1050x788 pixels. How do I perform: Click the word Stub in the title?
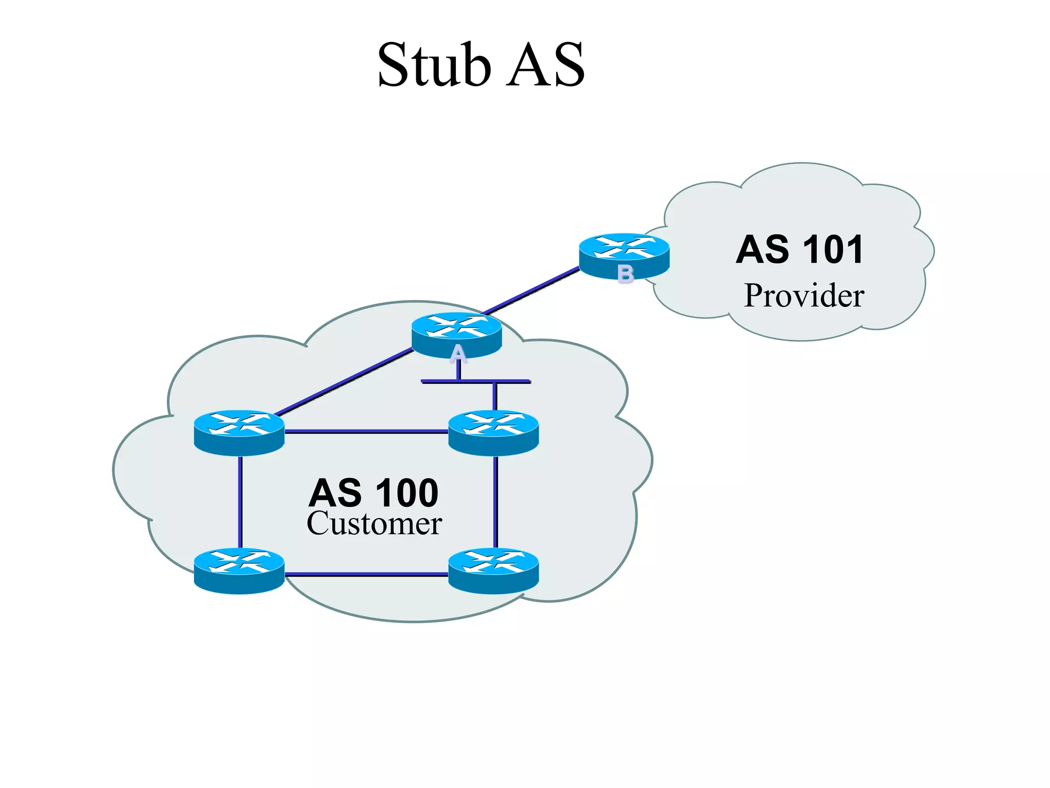point(434,65)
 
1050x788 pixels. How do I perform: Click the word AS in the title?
point(546,65)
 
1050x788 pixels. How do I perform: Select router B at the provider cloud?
point(624,254)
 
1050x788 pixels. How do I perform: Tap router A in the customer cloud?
point(456,333)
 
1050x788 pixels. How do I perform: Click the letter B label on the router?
point(625,274)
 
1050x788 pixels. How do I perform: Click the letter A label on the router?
point(458,353)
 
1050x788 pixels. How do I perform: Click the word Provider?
point(804,296)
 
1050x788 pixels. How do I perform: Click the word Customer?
point(374,524)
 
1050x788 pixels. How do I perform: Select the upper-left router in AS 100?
point(239,432)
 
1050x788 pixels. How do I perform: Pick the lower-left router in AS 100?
point(239,570)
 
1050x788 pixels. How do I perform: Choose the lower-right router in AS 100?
point(493,570)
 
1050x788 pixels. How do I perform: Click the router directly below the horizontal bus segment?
point(493,432)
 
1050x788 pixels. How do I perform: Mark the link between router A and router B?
point(532,290)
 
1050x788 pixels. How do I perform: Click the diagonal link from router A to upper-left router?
point(344,382)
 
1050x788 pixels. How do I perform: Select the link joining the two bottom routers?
point(366,575)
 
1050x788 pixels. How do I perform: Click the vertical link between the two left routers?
point(240,502)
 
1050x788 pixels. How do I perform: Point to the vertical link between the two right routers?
point(495,502)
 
